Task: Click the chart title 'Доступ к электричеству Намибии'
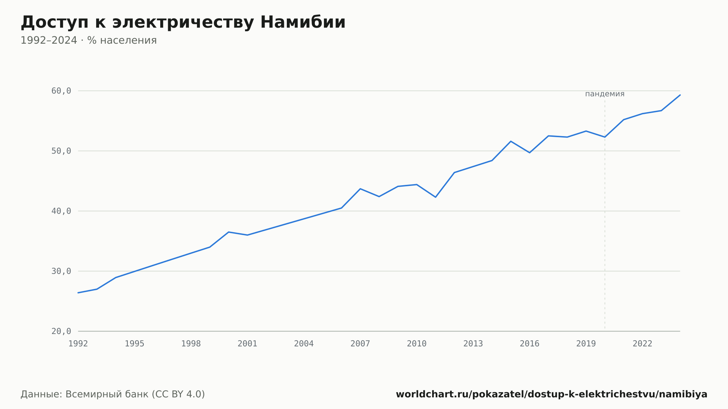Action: [183, 23]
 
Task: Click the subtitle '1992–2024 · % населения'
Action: [88, 40]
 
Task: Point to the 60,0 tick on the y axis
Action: [61, 91]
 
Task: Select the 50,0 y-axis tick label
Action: [61, 151]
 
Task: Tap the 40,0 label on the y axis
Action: [61, 211]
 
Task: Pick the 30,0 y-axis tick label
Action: [61, 271]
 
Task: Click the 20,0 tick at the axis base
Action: [61, 331]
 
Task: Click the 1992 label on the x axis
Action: [78, 344]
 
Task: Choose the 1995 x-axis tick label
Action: [135, 344]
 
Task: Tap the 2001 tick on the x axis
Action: [248, 344]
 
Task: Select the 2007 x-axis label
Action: [360, 344]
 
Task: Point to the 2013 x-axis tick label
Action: [473, 344]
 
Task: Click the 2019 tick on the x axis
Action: [586, 344]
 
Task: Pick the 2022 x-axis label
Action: [642, 344]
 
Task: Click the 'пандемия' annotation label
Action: [605, 94]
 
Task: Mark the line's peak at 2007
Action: [360, 189]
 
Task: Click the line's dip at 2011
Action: [435, 197]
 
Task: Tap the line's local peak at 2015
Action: [511, 141]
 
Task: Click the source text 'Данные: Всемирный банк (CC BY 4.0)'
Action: [113, 394]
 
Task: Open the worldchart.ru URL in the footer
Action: [551, 394]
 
